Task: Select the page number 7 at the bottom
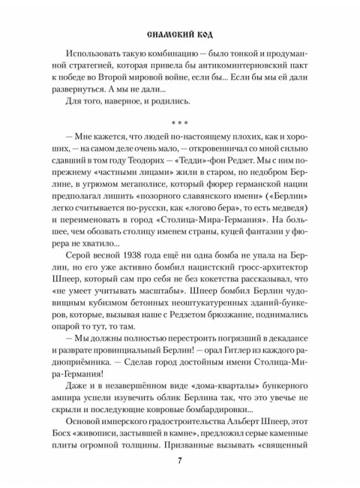coord(180,460)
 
